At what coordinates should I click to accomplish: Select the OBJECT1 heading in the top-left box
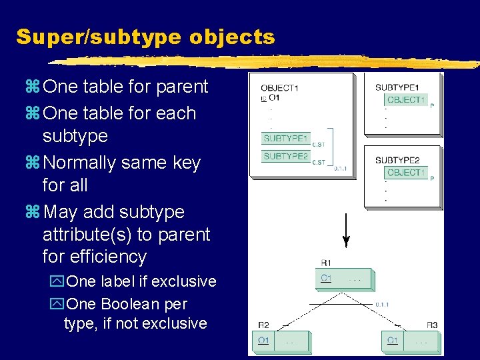(x=279, y=87)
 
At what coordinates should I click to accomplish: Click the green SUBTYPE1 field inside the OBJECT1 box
(x=286, y=139)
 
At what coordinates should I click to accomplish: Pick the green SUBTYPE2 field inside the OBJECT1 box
(x=286, y=156)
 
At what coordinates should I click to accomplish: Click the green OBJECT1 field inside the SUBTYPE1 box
(x=405, y=100)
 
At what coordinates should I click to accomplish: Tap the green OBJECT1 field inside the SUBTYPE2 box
(x=405, y=173)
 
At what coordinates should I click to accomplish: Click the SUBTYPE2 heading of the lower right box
(x=397, y=160)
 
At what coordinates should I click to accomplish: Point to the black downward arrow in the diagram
(x=345, y=231)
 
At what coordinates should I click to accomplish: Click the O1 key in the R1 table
(x=326, y=278)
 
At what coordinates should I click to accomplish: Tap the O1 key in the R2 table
(x=264, y=341)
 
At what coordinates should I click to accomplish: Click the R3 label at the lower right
(x=432, y=325)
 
